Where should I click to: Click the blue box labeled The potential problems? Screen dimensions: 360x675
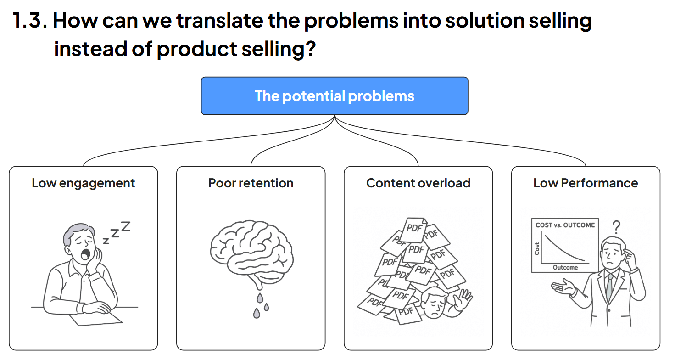335,96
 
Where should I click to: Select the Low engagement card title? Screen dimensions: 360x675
83,183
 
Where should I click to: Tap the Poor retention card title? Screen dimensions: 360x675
251,183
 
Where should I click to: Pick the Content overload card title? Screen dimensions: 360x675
418,183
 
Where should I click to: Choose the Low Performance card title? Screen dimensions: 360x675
586,183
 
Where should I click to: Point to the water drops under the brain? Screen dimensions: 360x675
260,305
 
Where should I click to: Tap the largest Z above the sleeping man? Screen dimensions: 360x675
125,226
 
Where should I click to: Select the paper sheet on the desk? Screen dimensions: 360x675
96,318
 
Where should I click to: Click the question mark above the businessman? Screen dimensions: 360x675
617,226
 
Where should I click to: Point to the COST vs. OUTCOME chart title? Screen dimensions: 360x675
565,225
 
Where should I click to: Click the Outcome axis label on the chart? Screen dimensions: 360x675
565,267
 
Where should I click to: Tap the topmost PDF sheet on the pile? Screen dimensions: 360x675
414,226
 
